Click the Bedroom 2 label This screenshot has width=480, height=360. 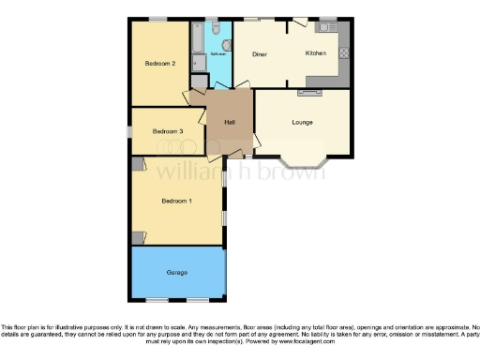click(x=160, y=64)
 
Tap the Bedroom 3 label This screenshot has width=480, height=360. click(x=167, y=131)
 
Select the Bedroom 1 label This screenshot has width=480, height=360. click(x=176, y=201)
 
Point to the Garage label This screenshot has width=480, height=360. click(x=177, y=272)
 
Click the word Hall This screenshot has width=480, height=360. click(x=229, y=122)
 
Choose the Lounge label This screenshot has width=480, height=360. click(x=301, y=122)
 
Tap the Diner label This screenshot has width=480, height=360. click(x=260, y=54)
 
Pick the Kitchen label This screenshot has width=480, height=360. click(x=316, y=54)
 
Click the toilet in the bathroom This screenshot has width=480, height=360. click(x=217, y=31)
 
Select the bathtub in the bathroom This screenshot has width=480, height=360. click(x=197, y=37)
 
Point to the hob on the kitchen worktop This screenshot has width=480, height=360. click(x=343, y=53)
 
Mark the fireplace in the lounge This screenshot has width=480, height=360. click(x=308, y=93)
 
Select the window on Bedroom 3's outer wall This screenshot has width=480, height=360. click(x=129, y=131)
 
